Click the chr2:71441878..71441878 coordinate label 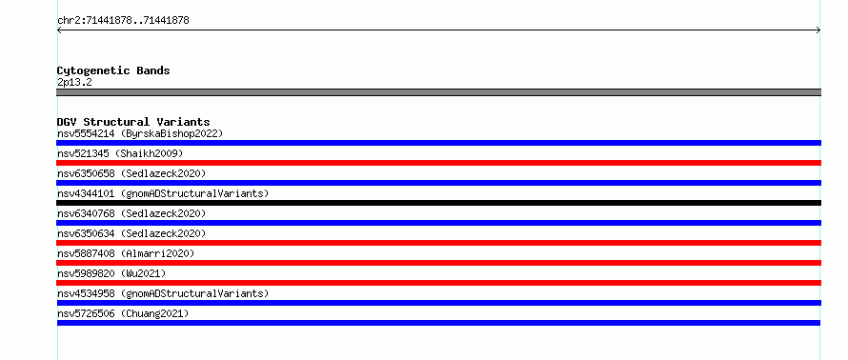tap(123, 21)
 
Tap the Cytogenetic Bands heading tap(113, 70)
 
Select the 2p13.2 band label tap(74, 82)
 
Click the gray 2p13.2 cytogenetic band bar tap(438, 92)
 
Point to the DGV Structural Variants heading tap(133, 122)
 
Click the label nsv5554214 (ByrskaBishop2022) tap(140, 133)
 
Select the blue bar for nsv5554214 tap(438, 143)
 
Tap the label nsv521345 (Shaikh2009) tap(120, 153)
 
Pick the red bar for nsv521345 tap(438, 163)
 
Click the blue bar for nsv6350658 tap(438, 183)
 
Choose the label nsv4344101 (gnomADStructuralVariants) tap(163, 193)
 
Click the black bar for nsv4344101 tap(438, 203)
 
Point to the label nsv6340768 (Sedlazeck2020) tap(131, 213)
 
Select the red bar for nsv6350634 tap(438, 243)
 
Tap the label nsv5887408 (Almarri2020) tap(126, 253)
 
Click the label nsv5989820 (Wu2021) tap(111, 273)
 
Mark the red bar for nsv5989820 tap(438, 283)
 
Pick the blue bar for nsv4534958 tap(438, 303)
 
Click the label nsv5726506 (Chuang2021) tap(123, 313)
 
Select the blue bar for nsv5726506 tap(438, 323)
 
